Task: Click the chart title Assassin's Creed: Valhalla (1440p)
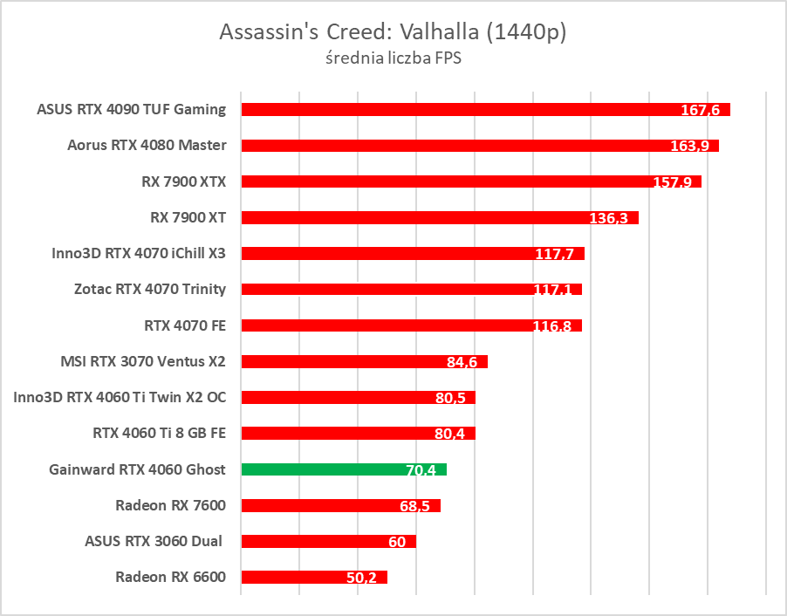(x=393, y=33)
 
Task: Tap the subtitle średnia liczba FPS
(x=393, y=60)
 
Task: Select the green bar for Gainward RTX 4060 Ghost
(x=343, y=469)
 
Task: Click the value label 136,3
(x=609, y=218)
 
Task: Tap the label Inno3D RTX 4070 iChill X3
(x=139, y=254)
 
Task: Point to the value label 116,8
(x=552, y=326)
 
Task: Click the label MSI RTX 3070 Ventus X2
(x=143, y=361)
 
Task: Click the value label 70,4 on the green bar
(x=421, y=470)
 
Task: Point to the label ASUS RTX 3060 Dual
(x=154, y=541)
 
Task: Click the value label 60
(x=397, y=542)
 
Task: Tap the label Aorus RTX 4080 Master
(x=147, y=146)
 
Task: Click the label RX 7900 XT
(x=183, y=217)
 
